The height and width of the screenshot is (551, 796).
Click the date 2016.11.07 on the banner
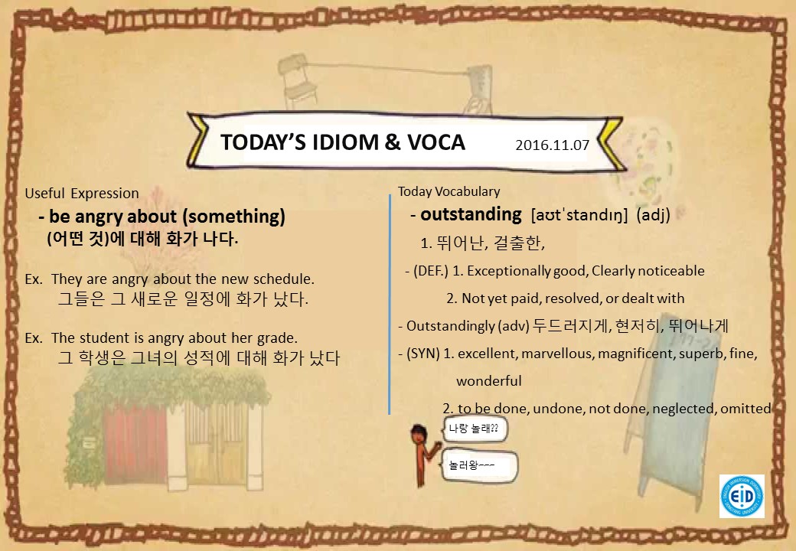(553, 145)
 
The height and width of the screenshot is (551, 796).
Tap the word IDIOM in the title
(345, 142)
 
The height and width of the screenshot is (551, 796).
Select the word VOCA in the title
(436, 142)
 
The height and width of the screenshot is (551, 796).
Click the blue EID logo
(742, 496)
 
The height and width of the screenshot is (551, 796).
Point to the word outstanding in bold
(471, 214)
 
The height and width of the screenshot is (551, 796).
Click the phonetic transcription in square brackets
(579, 215)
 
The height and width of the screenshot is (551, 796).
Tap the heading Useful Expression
(82, 194)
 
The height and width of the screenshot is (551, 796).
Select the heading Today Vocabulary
(449, 191)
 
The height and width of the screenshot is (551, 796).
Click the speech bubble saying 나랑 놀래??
(475, 429)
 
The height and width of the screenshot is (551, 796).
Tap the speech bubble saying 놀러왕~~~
(480, 466)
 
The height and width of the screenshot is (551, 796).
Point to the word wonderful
(489, 381)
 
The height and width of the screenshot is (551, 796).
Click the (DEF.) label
(430, 271)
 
